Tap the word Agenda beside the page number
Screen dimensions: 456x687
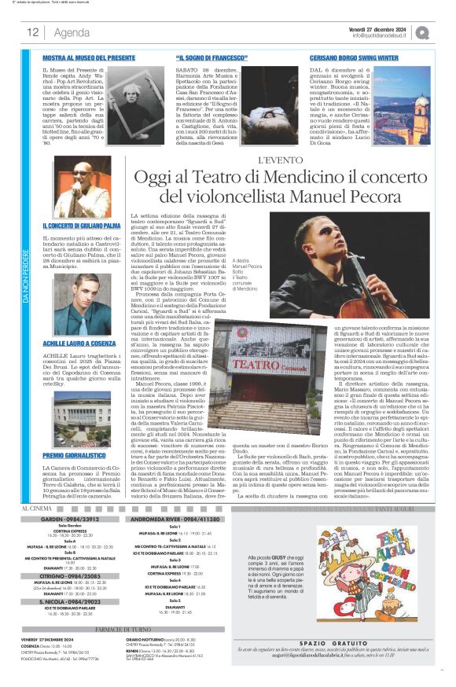[x=71, y=32]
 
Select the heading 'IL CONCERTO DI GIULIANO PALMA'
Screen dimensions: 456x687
[x=81, y=226]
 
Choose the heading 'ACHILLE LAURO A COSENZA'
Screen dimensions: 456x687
[x=78, y=322]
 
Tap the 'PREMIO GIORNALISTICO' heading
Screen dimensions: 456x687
[x=74, y=432]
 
